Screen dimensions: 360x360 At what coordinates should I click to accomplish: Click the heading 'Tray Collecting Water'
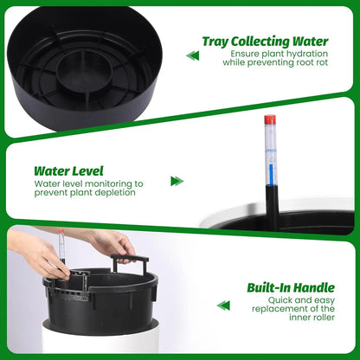point(266,41)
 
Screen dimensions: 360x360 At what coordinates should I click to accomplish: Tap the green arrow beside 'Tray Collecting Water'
point(192,55)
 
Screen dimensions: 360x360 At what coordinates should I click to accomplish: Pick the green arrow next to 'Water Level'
point(177,181)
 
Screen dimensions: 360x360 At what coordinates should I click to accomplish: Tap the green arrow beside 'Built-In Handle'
point(223,305)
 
